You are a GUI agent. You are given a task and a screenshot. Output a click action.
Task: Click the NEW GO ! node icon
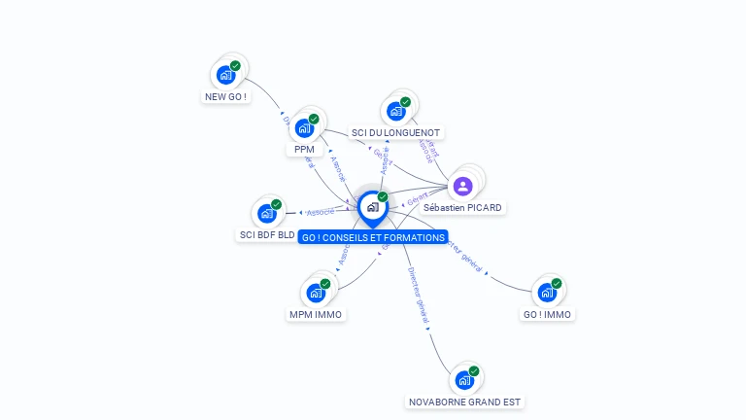click(226, 74)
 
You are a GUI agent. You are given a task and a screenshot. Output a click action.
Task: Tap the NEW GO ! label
click(225, 97)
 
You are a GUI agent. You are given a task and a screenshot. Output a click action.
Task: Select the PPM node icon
click(305, 127)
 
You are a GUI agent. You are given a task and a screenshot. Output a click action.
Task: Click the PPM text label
click(304, 150)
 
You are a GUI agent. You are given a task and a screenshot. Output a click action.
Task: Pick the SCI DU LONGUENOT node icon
click(396, 110)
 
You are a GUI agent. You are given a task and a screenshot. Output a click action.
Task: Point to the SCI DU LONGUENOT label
click(395, 132)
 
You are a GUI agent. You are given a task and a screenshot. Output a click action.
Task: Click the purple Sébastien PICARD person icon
click(463, 186)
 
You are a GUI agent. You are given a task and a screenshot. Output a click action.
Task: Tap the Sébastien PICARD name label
click(463, 208)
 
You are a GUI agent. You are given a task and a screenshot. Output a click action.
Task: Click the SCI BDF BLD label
click(267, 235)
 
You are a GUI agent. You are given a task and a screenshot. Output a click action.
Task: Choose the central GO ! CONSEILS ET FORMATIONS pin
click(373, 207)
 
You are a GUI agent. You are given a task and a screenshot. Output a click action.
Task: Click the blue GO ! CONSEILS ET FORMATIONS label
click(373, 237)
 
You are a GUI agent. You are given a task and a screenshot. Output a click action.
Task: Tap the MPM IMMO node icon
click(317, 292)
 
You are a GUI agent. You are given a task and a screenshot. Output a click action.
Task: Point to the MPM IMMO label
click(317, 314)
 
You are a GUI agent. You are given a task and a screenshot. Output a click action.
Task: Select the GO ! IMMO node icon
click(548, 292)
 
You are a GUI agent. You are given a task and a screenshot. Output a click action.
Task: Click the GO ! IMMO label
click(547, 314)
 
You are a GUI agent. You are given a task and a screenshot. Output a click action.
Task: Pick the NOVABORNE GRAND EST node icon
click(465, 379)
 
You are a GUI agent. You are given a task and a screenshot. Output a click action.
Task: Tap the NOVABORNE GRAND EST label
click(465, 402)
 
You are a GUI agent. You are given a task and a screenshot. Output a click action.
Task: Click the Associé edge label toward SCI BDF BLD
click(320, 211)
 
